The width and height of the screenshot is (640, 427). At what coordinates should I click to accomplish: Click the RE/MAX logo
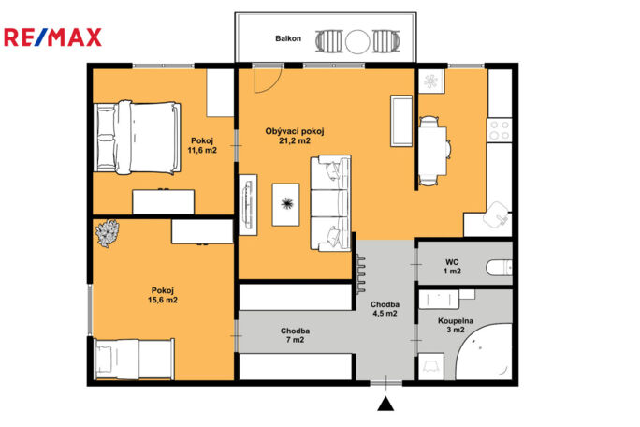(52, 37)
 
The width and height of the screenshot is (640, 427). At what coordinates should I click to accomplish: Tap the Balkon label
(288, 38)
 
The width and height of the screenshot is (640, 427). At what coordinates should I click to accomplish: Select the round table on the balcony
(357, 41)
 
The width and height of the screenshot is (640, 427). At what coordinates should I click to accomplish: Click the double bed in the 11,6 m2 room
(138, 138)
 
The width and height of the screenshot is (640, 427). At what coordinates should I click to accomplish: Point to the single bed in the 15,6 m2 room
(135, 360)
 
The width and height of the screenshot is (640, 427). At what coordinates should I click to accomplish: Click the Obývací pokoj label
(295, 132)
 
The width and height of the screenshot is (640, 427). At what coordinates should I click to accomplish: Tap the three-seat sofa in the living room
(330, 202)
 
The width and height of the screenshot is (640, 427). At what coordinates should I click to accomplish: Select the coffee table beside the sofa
(285, 204)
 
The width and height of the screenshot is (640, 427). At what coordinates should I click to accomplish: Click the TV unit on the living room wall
(248, 205)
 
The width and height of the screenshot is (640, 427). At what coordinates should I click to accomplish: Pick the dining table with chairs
(434, 151)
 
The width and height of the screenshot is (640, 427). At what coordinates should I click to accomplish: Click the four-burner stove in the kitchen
(500, 130)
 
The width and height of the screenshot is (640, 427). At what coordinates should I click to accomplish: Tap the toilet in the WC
(499, 268)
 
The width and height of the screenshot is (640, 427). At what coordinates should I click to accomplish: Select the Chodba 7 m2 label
(295, 335)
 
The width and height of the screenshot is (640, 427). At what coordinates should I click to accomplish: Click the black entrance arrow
(385, 404)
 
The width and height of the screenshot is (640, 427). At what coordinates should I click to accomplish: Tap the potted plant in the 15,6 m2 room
(108, 233)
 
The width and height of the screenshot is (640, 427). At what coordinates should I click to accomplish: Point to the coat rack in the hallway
(361, 273)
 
